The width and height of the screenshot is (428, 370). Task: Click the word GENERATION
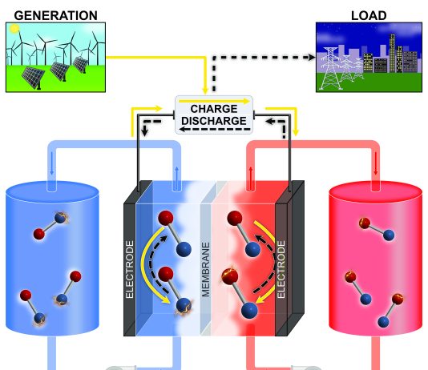click(55, 15)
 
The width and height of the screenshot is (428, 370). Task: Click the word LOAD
click(369, 15)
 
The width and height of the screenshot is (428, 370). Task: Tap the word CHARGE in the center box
click(214, 109)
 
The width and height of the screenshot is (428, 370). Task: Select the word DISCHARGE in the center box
click(214, 121)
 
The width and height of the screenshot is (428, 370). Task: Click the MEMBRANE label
click(205, 269)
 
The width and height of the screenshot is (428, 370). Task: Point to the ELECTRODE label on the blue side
click(130, 269)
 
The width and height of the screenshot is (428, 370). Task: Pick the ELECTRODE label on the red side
click(281, 269)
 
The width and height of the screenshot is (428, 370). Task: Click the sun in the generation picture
click(14, 28)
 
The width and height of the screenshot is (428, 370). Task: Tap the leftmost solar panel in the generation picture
click(34, 77)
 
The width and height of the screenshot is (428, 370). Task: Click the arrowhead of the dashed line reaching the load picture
click(312, 57)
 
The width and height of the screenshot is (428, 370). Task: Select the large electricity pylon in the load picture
click(330, 68)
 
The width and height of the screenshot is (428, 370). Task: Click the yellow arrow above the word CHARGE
click(214, 101)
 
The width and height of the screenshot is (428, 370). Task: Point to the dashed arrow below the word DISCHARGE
click(215, 129)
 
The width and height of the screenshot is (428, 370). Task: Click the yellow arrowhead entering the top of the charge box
click(205, 90)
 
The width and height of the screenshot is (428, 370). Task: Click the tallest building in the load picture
click(393, 53)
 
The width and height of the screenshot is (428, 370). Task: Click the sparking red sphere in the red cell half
click(229, 275)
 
